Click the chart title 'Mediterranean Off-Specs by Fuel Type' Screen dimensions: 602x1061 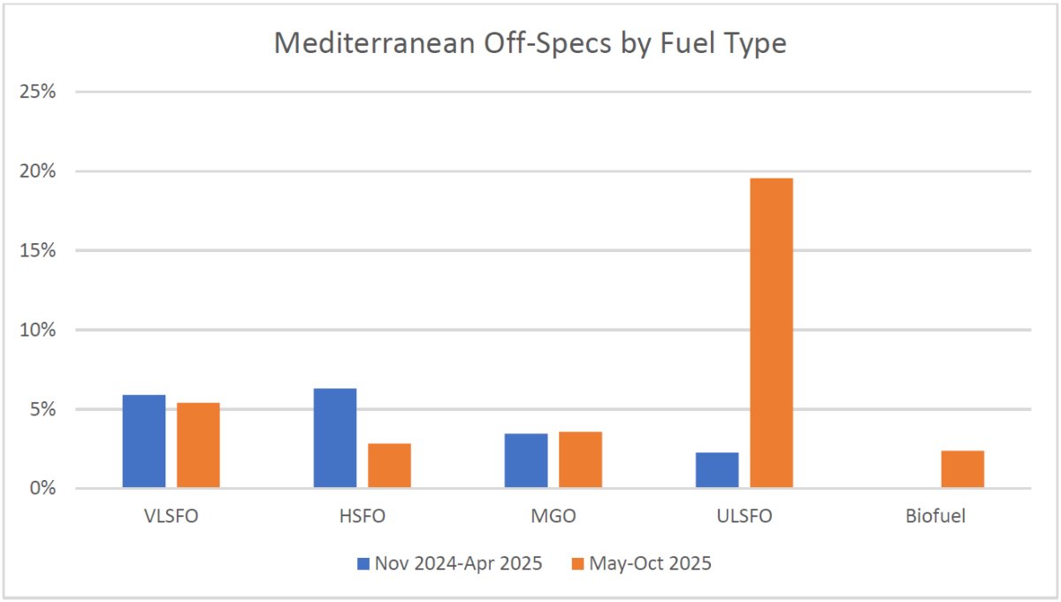[530, 42]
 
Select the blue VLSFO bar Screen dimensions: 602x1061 [144, 441]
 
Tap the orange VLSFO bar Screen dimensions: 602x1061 [198, 446]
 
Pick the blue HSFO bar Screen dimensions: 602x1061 [335, 438]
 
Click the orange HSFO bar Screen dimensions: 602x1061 [389, 466]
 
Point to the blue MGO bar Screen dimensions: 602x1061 [526, 461]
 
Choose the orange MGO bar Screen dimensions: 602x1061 [580, 460]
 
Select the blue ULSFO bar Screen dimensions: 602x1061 [717, 470]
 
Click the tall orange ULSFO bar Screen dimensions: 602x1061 [771, 332]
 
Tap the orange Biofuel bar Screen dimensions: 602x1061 [962, 469]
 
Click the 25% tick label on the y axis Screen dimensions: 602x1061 [40, 92]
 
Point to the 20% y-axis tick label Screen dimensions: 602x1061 [40, 171]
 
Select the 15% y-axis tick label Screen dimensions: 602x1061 [40, 251]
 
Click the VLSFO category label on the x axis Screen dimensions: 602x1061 [171, 517]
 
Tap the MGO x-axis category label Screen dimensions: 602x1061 [553, 517]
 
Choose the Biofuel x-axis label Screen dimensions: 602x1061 [935, 517]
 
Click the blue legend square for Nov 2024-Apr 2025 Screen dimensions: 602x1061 [363, 563]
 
